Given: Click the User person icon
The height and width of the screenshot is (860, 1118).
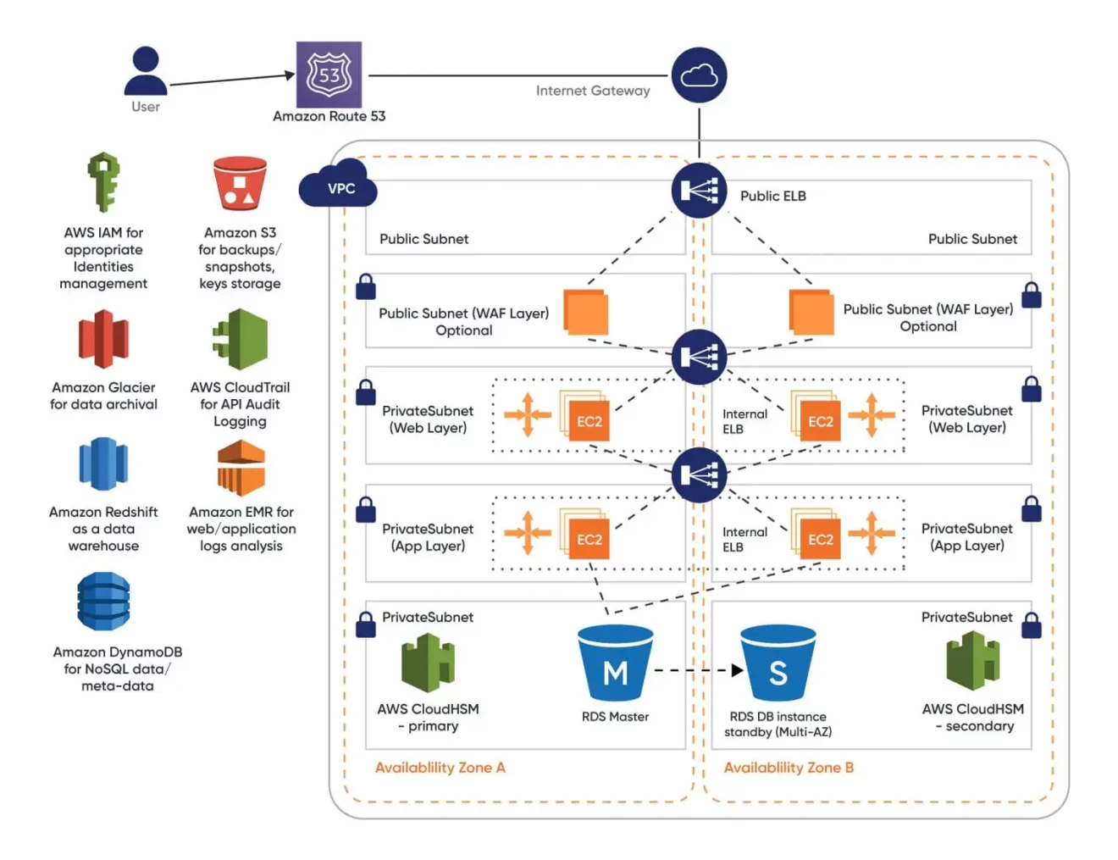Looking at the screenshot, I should pos(146,71).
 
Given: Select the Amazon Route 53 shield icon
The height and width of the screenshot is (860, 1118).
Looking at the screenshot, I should pos(329,75).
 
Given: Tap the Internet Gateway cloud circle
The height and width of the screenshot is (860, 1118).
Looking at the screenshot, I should pos(699,76).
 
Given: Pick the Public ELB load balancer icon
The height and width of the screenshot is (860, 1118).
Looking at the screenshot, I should pos(699,191).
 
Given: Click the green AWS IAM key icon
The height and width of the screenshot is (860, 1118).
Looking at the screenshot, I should pos(103,181).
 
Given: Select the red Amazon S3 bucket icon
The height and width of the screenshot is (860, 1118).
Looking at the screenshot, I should pos(240,183).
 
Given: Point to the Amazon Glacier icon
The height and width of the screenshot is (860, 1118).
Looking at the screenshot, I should pos(103,339).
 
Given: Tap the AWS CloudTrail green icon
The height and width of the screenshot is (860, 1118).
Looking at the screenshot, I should pos(241,339).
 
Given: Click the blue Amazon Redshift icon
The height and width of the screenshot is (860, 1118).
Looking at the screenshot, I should pos(103,463).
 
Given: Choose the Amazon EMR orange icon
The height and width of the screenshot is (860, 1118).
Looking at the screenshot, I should pos(241,468).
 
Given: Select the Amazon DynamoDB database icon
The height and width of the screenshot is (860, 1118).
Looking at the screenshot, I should pos(103,601).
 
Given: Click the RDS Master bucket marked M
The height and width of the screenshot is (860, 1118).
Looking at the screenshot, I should pos(616,663).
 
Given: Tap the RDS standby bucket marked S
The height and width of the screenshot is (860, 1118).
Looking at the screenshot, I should pos(778,663).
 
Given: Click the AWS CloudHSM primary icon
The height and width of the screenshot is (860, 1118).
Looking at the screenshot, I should pos(428,663).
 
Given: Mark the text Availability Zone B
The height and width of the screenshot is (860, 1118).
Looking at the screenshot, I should pos(789,768).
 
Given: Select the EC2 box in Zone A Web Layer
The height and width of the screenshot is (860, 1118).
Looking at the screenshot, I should pos(589,420).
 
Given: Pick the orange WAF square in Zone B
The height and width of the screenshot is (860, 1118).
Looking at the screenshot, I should pos(811,313).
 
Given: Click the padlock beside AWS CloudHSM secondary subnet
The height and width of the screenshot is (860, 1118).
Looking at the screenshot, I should pos(1031,625).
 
